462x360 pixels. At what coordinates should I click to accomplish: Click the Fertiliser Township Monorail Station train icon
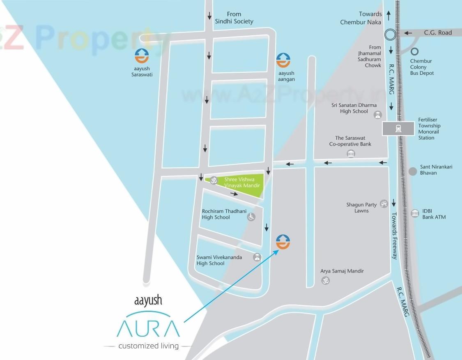coord(398,129)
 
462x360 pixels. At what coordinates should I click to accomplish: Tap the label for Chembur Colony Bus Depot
coord(421,67)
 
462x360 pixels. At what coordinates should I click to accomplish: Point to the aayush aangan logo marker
coord(283,60)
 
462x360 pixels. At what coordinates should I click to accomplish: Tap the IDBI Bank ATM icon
coord(415,213)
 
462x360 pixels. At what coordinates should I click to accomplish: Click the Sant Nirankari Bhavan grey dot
coord(413,171)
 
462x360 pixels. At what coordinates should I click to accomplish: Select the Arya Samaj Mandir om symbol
coord(325,281)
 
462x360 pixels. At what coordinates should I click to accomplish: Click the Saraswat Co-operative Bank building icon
coord(351,154)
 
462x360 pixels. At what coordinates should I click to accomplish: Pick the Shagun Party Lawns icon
coord(384,203)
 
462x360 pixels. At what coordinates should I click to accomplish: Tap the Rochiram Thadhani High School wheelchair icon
coord(251,217)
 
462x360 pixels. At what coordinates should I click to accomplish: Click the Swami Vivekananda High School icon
coord(257,257)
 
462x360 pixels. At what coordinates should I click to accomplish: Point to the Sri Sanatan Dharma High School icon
coord(377,115)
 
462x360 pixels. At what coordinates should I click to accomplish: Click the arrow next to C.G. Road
coord(408,33)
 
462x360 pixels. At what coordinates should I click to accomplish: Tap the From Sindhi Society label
coord(234,18)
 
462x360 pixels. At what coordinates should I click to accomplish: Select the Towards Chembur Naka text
coord(361,18)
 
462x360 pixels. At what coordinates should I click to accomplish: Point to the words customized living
coord(148,346)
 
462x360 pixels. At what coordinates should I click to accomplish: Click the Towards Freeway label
coord(394,235)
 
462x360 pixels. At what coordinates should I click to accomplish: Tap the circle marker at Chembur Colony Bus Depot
coord(415,51)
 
